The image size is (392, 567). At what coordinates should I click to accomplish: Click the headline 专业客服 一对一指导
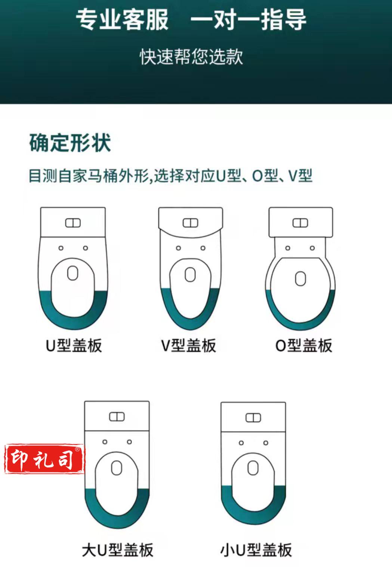191,19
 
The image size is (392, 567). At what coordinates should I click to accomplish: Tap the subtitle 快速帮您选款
191,57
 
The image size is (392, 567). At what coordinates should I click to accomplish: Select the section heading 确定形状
70,143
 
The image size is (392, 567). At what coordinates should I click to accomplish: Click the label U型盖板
74,345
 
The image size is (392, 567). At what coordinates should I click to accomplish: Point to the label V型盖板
188,345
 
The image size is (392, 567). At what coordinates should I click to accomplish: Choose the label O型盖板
303,345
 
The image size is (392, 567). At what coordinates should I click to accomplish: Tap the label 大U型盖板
118,549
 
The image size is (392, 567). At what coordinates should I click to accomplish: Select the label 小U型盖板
256,549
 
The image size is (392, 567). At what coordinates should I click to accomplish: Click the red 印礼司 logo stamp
44,459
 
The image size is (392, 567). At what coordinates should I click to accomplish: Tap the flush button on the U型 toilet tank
73,223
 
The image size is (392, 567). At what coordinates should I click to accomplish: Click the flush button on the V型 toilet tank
190,223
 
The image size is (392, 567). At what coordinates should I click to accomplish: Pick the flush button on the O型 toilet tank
300,223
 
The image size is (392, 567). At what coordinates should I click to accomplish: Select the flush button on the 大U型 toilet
117,417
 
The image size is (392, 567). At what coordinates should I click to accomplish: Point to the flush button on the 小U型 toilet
253,418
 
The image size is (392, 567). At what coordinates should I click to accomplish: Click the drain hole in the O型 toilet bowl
300,278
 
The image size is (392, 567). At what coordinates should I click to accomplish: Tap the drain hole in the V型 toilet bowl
190,275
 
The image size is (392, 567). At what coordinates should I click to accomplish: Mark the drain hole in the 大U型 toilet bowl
117,467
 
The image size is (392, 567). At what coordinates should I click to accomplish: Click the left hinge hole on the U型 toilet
61,248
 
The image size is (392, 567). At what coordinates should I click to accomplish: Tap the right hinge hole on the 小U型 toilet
266,443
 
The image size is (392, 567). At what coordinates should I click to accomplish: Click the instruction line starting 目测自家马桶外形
170,176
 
